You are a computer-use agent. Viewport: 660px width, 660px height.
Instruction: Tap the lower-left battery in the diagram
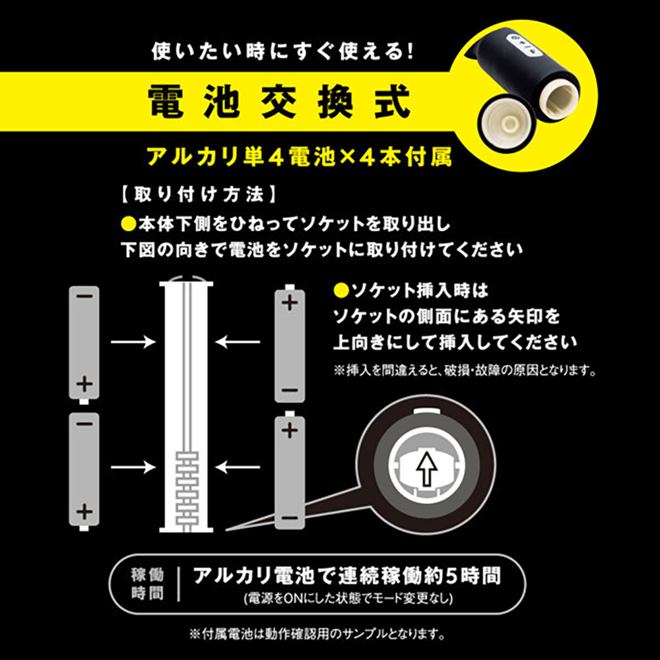pyautogui.click(x=84, y=471)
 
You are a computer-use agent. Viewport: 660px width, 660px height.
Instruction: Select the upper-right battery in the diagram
pyautogui.click(x=290, y=343)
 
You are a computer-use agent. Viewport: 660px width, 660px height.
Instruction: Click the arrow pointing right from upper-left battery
pyautogui.click(x=133, y=341)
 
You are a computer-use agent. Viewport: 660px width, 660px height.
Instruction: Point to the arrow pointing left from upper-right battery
pyautogui.click(x=238, y=341)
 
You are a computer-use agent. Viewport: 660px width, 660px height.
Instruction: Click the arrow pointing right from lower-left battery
pyautogui.click(x=133, y=467)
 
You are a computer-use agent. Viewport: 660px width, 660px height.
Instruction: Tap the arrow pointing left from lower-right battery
pyautogui.click(x=238, y=467)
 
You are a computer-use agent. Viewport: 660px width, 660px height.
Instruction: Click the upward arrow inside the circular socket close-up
pyautogui.click(x=426, y=469)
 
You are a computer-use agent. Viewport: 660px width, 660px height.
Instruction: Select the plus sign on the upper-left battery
pyautogui.click(x=84, y=384)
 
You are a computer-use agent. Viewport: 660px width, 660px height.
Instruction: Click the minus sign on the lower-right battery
pyautogui.click(x=290, y=517)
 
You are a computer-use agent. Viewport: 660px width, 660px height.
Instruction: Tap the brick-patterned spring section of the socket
pyautogui.click(x=187, y=488)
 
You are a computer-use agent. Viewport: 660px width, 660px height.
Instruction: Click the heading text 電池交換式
pyautogui.click(x=279, y=102)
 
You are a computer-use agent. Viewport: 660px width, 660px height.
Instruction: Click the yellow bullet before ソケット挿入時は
pyautogui.click(x=341, y=290)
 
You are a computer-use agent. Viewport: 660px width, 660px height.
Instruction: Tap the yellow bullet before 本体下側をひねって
pyautogui.click(x=128, y=224)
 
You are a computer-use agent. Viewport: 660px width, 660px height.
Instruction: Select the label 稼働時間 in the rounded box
pyautogui.click(x=147, y=583)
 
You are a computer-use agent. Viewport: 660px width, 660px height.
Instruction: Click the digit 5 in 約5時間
pyautogui.click(x=451, y=576)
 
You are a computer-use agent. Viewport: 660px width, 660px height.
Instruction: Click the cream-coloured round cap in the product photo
pyautogui.click(x=510, y=123)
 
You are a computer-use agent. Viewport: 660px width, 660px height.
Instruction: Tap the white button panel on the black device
pyautogui.click(x=525, y=45)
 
